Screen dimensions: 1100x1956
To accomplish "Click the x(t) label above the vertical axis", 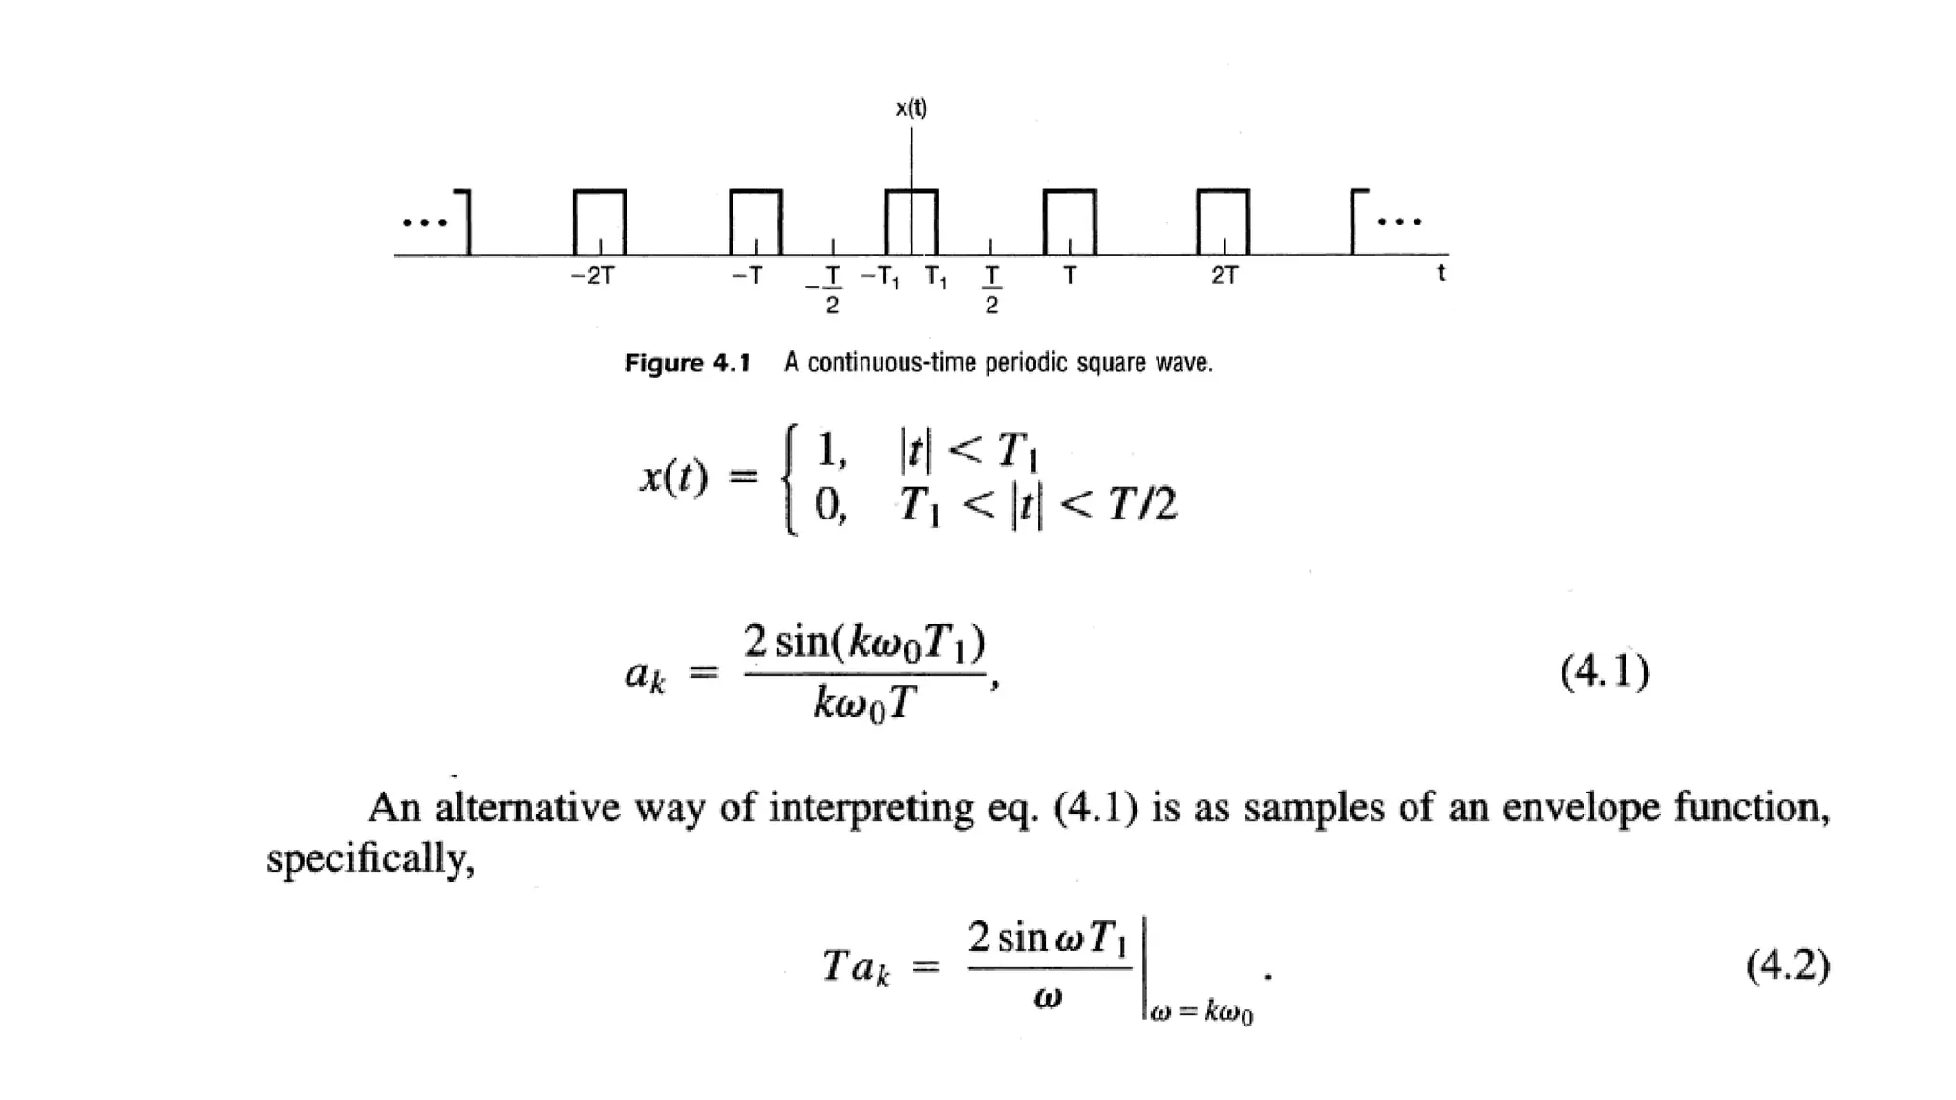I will pyautogui.click(x=910, y=108).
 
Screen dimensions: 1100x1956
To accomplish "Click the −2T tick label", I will pyautogui.click(x=592, y=276).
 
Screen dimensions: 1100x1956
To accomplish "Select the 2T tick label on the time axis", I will pyautogui.click(x=1223, y=276).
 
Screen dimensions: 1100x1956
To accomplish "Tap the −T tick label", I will pyautogui.click(x=747, y=276).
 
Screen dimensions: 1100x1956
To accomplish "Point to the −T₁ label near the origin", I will pyautogui.click(x=880, y=278).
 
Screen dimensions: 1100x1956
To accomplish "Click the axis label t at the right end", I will pyautogui.click(x=1440, y=273).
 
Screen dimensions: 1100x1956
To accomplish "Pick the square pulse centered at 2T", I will pyautogui.click(x=1222, y=222).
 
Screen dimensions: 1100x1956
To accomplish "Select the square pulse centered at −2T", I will pyautogui.click(x=600, y=222).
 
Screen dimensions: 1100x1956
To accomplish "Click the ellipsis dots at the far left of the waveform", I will pyautogui.click(x=424, y=223).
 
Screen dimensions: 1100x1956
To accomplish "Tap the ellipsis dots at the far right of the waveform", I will pyautogui.click(x=1399, y=222).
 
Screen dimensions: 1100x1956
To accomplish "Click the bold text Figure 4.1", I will pyautogui.click(x=687, y=364).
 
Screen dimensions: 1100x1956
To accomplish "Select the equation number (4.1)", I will pyautogui.click(x=1604, y=671).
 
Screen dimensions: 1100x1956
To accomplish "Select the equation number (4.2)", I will pyautogui.click(x=1787, y=965).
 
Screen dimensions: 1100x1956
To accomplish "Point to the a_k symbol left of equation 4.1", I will pyautogui.click(x=645, y=675).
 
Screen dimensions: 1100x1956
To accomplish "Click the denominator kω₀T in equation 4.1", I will pyautogui.click(x=864, y=705).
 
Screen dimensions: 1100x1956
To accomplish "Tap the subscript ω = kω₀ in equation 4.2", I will pyautogui.click(x=1201, y=1012).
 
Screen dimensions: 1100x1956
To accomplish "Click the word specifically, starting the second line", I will pyautogui.click(x=370, y=858).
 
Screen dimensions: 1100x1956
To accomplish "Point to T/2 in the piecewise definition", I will pyautogui.click(x=1142, y=504).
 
